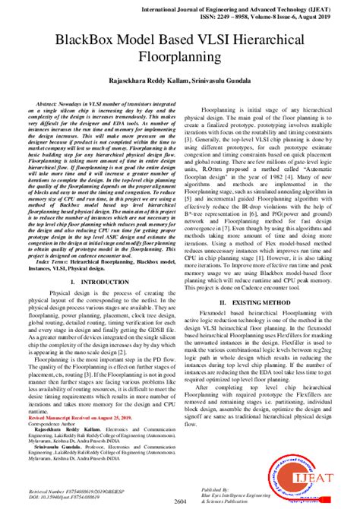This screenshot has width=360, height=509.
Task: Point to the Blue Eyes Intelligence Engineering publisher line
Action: click(x=258, y=498)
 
